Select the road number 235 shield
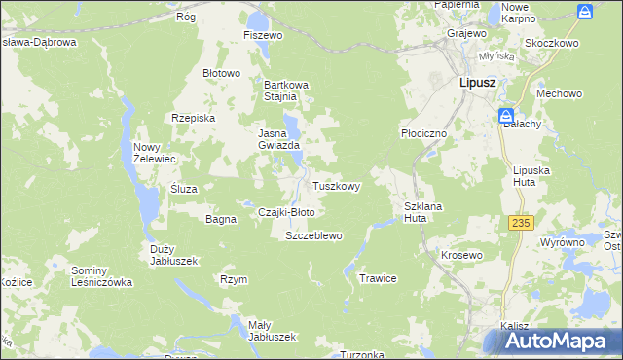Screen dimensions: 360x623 [x=521, y=223]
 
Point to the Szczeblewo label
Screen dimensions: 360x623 [x=312, y=235]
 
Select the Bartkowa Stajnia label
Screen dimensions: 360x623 [x=286, y=90]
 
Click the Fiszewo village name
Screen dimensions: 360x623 [x=263, y=35]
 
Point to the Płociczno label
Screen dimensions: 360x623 [x=423, y=132]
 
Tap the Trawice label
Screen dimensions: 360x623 [x=379, y=278]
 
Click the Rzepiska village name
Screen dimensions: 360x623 [x=192, y=117]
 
